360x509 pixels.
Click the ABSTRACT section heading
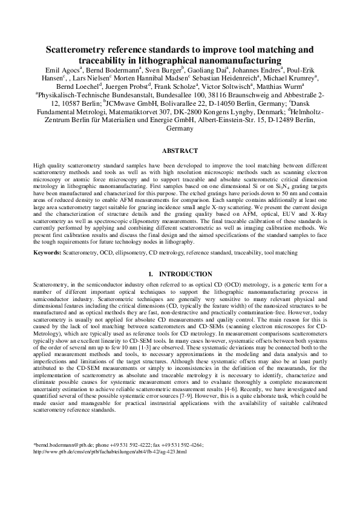180,151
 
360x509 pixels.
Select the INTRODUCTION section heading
185,274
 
